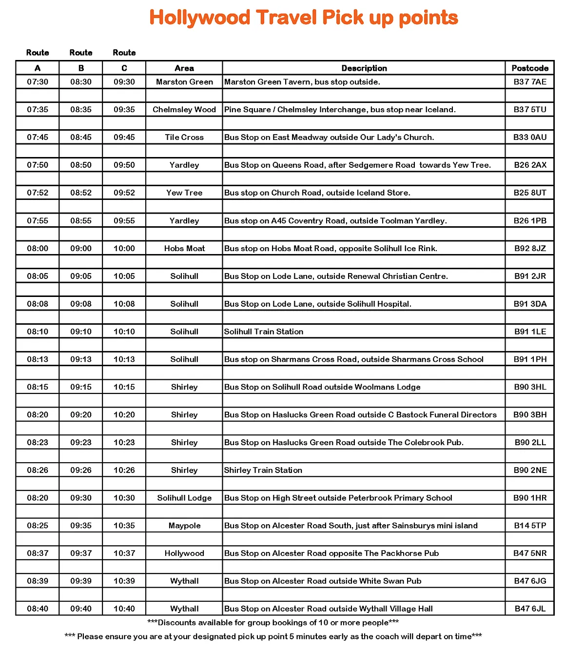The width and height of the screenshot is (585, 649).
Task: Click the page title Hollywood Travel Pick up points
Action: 303,18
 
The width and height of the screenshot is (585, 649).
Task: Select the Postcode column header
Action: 530,68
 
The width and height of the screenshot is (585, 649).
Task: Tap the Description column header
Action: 364,68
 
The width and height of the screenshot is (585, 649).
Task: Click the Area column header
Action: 184,68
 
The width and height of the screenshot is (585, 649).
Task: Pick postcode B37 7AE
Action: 530,82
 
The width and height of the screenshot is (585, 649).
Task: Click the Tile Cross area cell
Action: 184,138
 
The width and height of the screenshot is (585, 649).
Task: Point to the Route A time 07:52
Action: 38,193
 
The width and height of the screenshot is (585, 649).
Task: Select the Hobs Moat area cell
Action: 184,249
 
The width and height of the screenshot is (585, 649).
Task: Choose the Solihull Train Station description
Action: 264,332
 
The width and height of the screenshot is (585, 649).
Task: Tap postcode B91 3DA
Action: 530,304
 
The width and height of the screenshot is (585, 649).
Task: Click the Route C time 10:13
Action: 124,359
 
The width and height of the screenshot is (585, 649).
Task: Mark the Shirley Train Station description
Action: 263,470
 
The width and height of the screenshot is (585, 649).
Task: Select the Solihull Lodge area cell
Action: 184,498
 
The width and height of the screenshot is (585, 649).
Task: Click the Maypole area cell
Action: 184,526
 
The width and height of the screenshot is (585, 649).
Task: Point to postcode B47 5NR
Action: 530,553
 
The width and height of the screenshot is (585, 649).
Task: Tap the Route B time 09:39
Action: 81,581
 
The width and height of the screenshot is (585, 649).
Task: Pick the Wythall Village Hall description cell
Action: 329,609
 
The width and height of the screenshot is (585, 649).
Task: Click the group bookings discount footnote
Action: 273,623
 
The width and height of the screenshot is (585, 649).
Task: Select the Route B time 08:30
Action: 81,82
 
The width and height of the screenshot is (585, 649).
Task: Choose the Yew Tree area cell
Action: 184,193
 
